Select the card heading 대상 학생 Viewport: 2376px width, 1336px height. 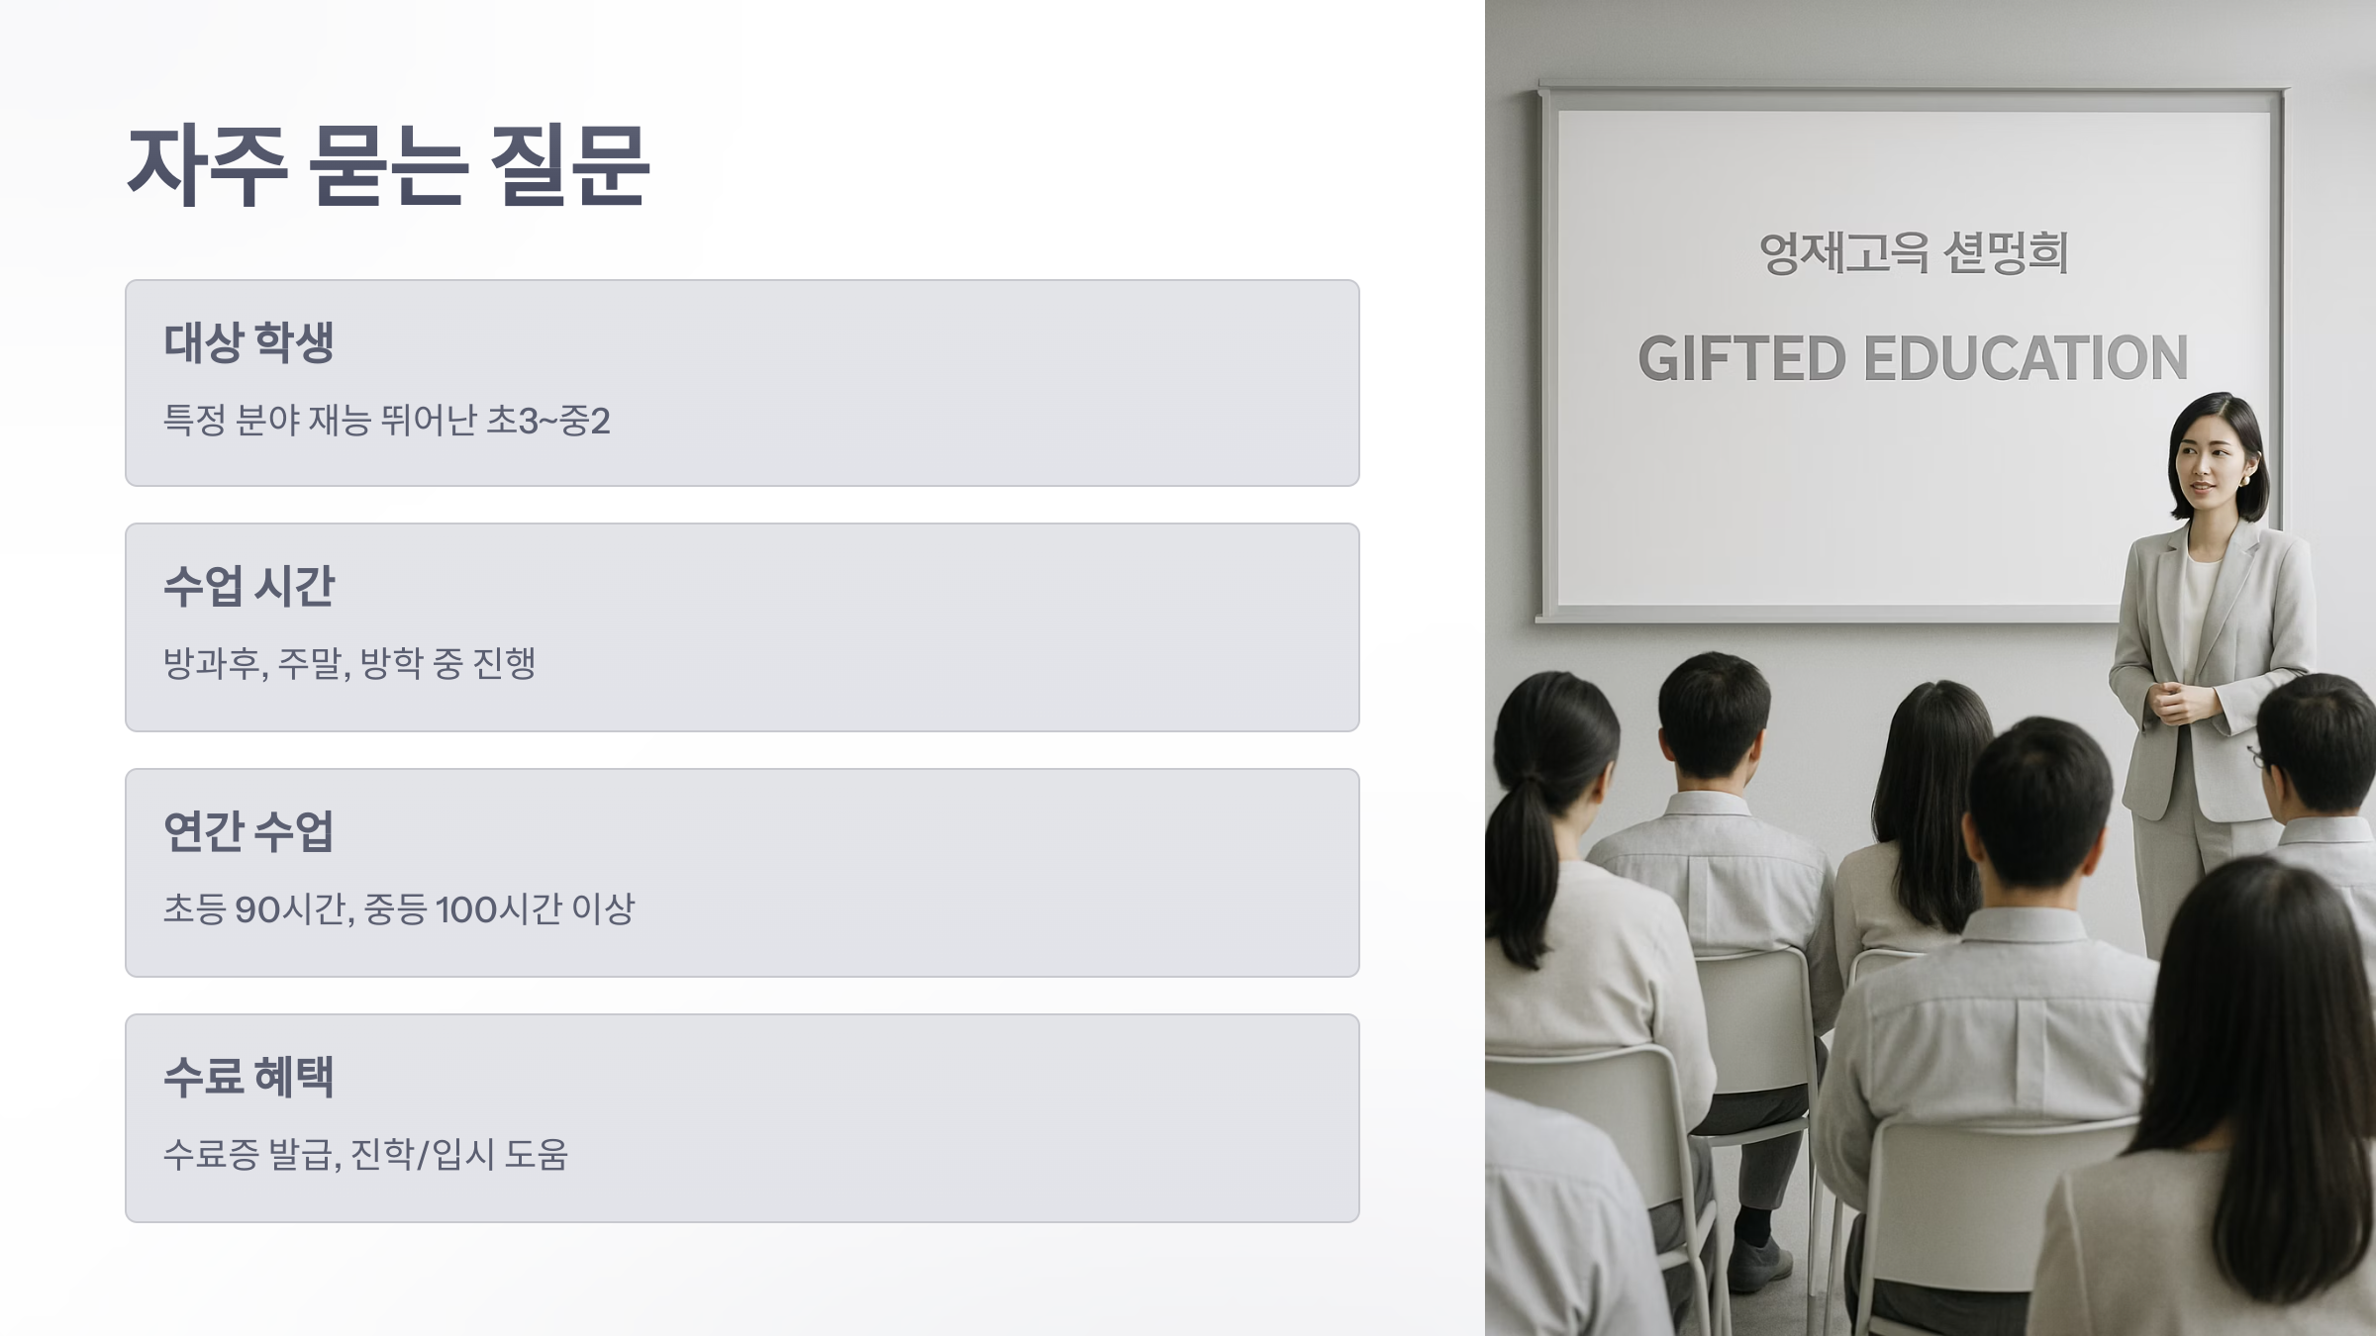tap(248, 342)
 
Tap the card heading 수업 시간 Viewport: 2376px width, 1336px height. tap(248, 586)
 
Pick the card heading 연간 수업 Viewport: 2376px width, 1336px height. tap(248, 831)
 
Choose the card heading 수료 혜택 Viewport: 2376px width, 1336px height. tap(248, 1077)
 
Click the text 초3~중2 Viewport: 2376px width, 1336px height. tap(548, 421)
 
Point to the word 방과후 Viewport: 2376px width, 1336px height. tap(214, 663)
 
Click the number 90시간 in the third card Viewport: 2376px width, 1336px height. tap(293, 908)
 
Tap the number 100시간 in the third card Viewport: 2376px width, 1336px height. tap(499, 908)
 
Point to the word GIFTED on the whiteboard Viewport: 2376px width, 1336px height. tap(1741, 358)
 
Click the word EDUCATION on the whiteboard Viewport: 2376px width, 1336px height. tap(2026, 358)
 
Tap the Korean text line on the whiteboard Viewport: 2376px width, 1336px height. tap(1913, 253)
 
